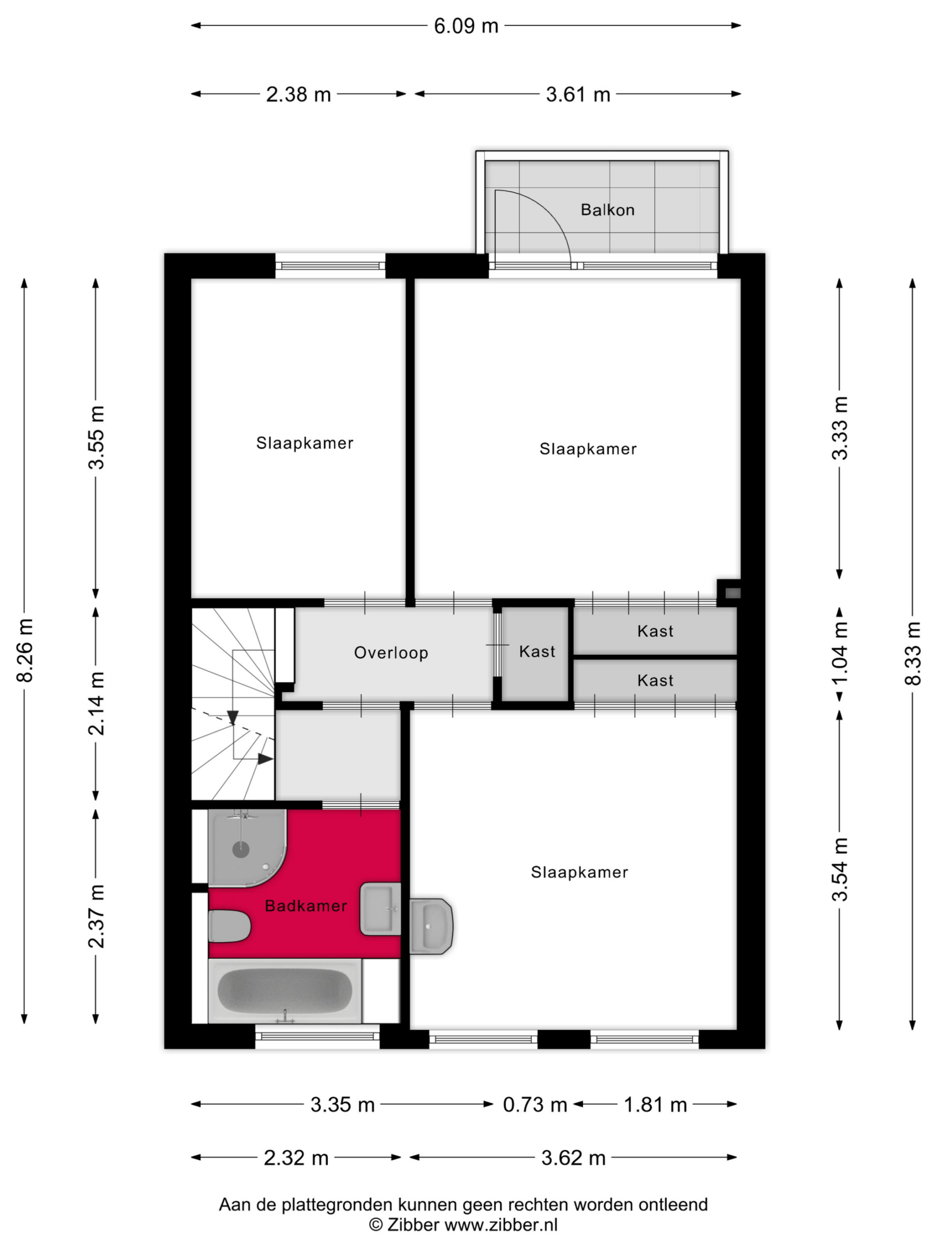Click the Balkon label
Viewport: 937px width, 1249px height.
point(607,210)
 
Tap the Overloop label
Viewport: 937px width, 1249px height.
point(391,653)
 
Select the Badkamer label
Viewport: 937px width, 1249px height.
point(306,907)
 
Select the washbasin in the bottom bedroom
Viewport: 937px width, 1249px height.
point(431,926)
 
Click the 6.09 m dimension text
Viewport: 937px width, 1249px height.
point(466,26)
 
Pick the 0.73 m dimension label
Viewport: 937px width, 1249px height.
point(534,1105)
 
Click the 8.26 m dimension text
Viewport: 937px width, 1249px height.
point(25,650)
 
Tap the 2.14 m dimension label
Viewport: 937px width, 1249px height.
point(97,704)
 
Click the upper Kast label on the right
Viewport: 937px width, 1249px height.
point(655,631)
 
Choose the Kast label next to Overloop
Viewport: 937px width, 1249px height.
point(537,652)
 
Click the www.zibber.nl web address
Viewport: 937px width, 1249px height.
point(501,1225)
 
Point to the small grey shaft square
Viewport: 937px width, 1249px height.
point(733,593)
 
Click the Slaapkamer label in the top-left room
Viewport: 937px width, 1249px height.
point(305,443)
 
